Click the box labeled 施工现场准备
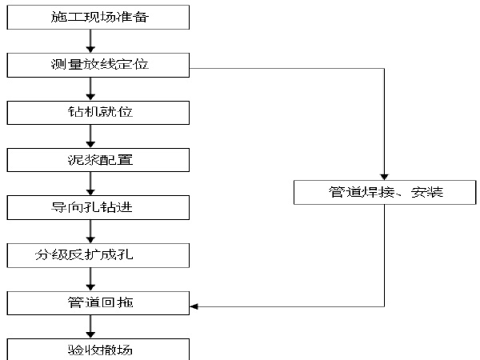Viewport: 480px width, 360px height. coord(99,15)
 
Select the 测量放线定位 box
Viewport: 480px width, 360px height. coord(99,64)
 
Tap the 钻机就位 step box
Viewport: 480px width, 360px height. coord(99,111)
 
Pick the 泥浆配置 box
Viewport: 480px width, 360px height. coord(99,159)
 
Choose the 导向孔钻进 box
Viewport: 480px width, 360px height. coord(99,208)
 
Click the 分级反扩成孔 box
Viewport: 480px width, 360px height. coord(99,256)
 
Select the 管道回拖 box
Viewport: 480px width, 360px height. coord(99,303)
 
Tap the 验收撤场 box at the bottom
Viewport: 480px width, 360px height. coord(99,350)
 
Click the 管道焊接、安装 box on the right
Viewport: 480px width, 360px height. coord(386,192)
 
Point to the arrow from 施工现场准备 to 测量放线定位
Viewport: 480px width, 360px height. coord(91,40)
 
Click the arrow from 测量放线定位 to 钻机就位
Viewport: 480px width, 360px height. coord(91,88)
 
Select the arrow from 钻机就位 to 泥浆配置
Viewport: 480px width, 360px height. coord(91,136)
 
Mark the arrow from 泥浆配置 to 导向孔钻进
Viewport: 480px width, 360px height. coord(91,184)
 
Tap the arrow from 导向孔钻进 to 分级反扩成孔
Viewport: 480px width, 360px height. coord(91,232)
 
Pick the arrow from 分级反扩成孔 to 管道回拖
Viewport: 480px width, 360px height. coord(91,280)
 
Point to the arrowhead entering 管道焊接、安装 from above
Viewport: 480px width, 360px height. coord(385,177)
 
